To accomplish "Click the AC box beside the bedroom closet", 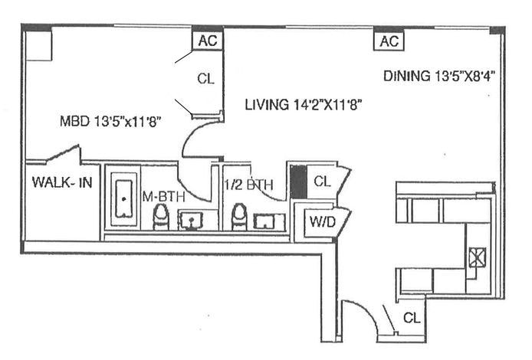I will pyautogui.click(x=207, y=41).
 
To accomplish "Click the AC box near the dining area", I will pyautogui.click(x=389, y=41).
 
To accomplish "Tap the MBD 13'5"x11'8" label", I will pyautogui.click(x=114, y=120).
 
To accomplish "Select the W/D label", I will pyautogui.click(x=320, y=223).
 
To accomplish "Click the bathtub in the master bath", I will pyautogui.click(x=123, y=198).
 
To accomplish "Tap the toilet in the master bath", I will pyautogui.click(x=162, y=218).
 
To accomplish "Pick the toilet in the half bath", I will pyautogui.click(x=239, y=217).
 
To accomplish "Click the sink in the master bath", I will pyautogui.click(x=192, y=221).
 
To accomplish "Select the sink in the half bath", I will pyautogui.click(x=269, y=221).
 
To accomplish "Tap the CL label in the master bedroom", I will pyautogui.click(x=205, y=78).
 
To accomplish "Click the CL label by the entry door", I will pyautogui.click(x=411, y=317).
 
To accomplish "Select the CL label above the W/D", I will pyautogui.click(x=323, y=182).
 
